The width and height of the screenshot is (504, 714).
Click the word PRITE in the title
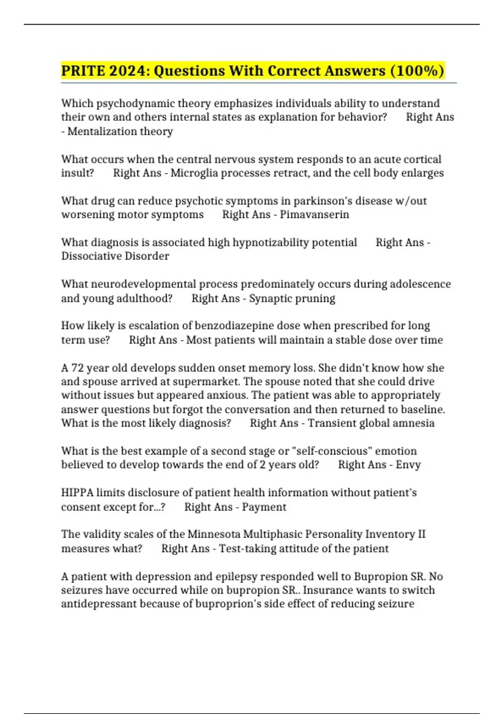[83, 71]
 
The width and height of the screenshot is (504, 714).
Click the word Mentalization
[102, 131]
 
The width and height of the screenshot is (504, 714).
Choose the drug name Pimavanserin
[314, 215]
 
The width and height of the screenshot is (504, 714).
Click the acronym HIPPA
[77, 493]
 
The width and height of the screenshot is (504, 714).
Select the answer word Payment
[264, 507]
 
